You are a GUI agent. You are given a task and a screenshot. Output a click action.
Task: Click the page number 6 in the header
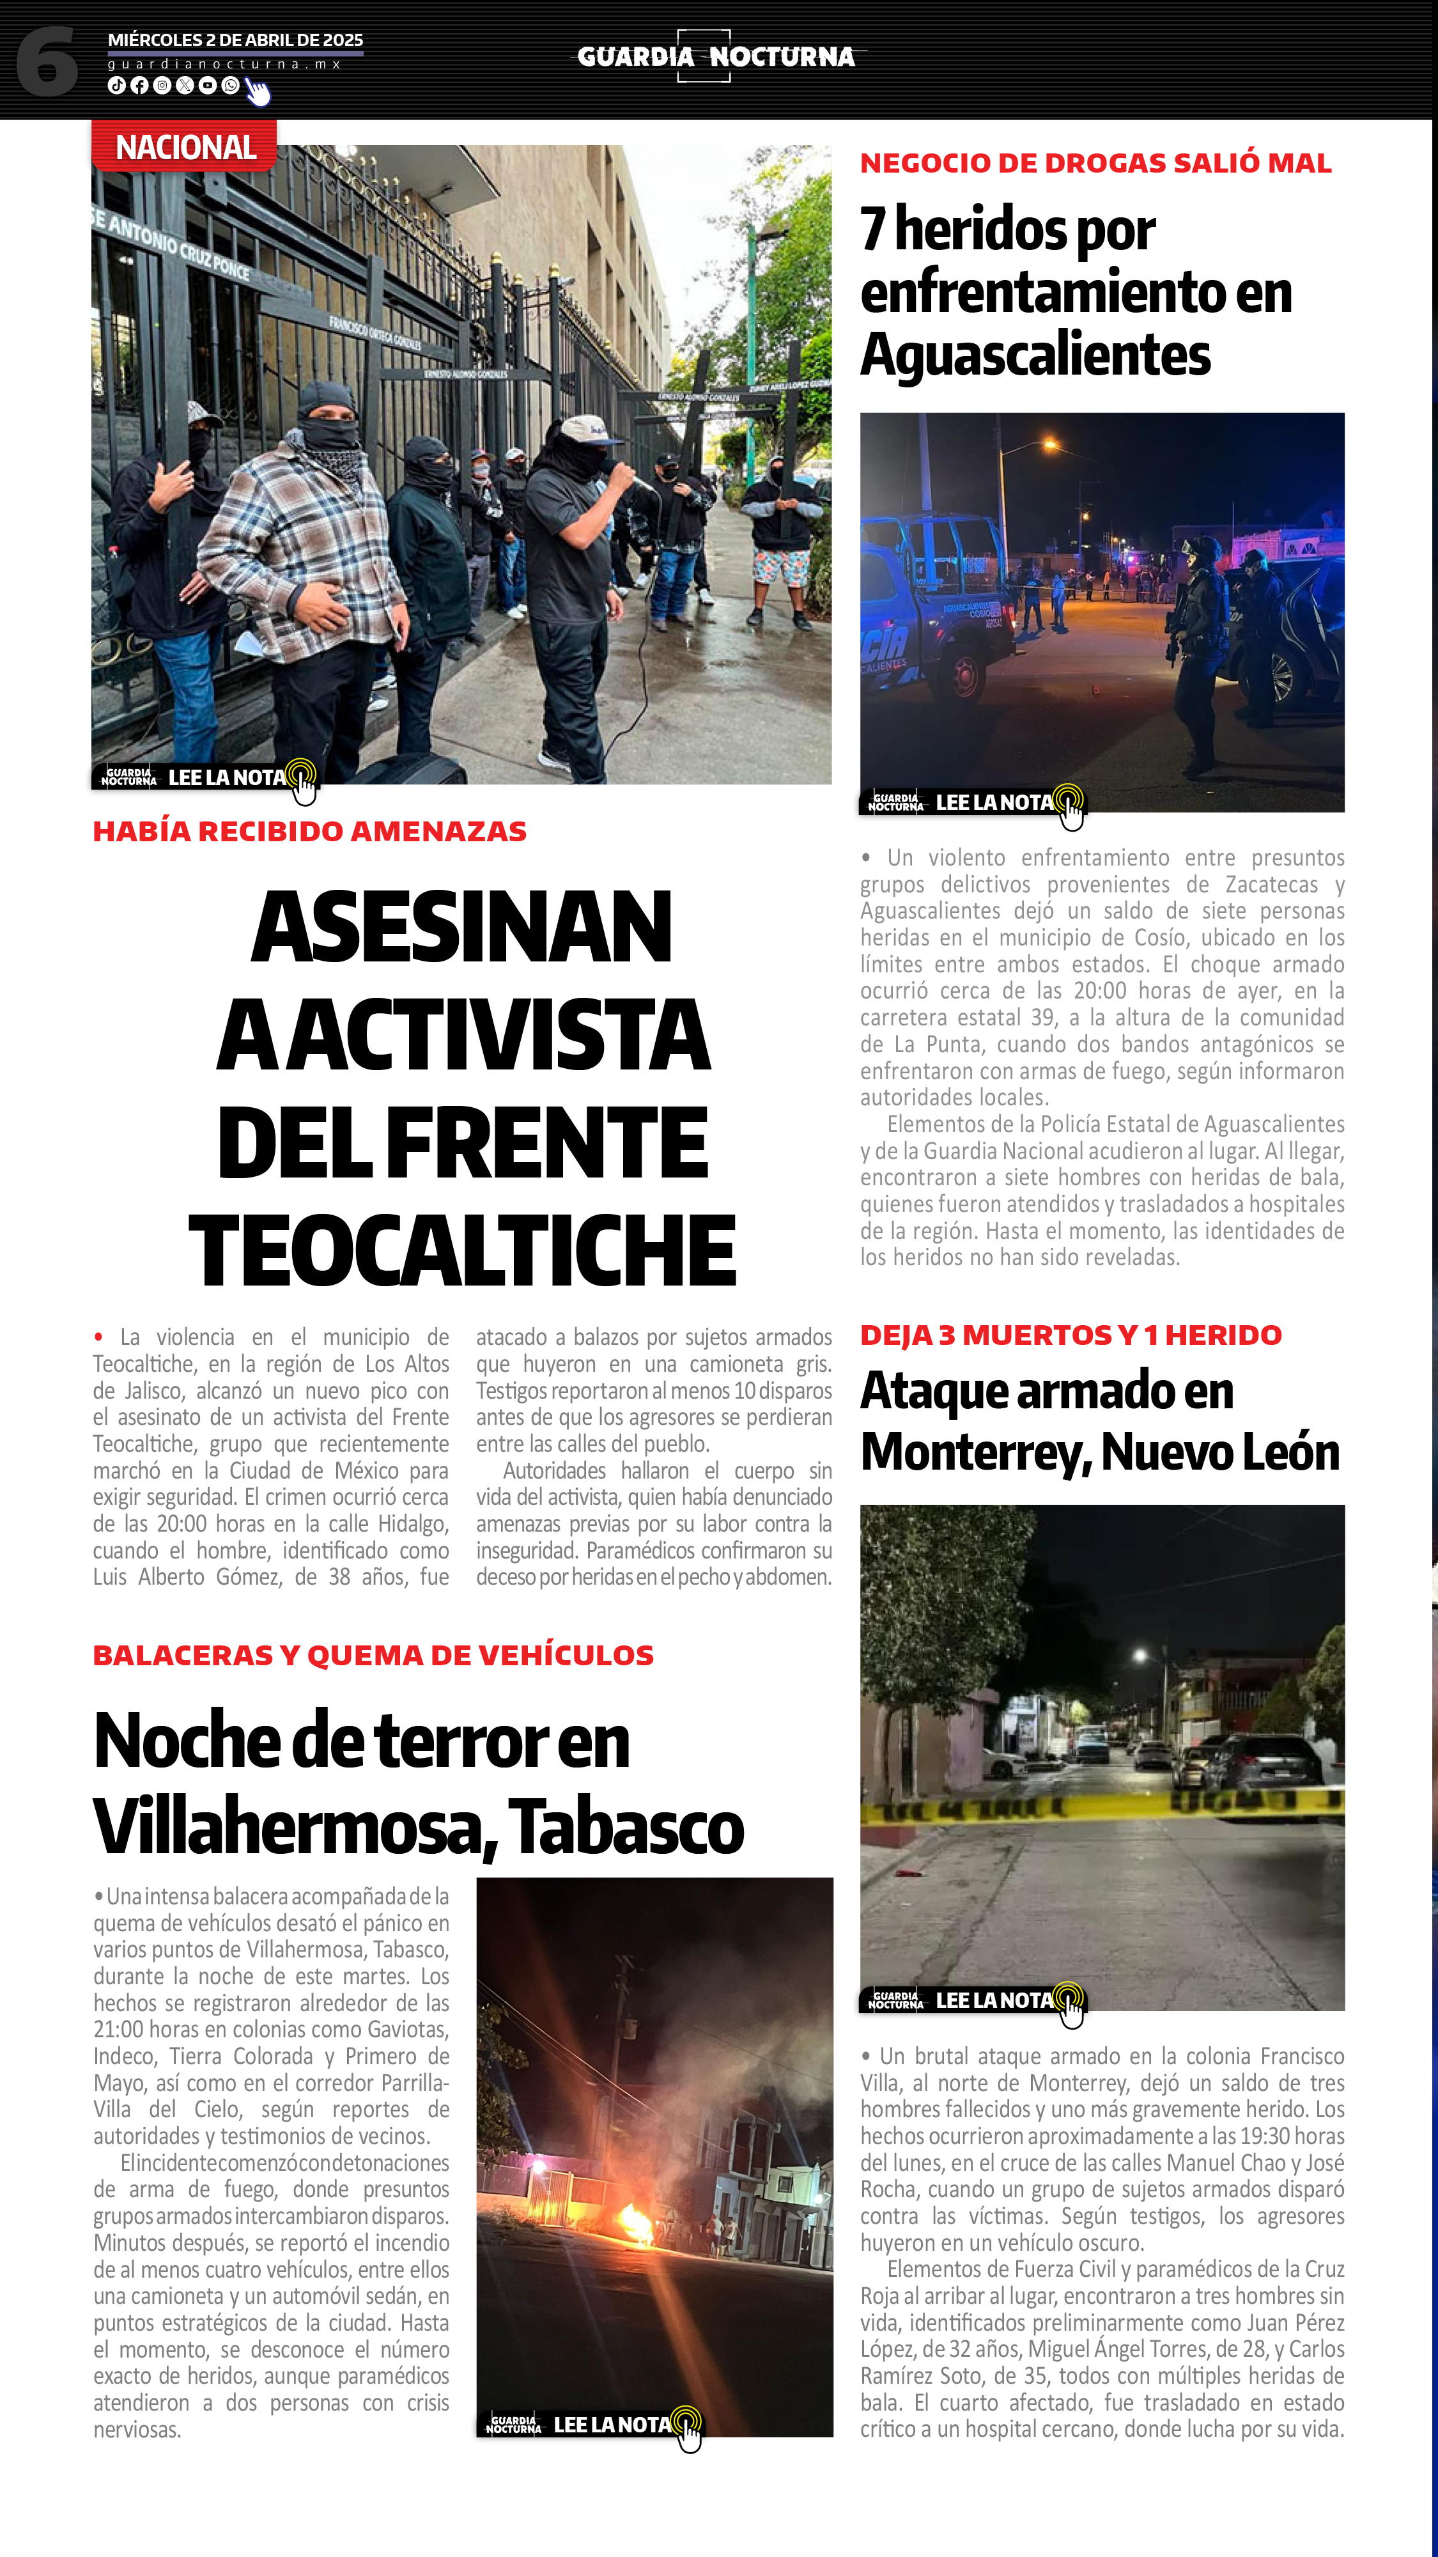(x=47, y=61)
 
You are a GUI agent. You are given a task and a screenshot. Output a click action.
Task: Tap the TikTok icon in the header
(x=116, y=86)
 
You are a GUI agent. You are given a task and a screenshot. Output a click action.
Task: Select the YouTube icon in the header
(x=208, y=86)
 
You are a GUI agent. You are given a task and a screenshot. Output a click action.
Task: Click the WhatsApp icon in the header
(x=230, y=86)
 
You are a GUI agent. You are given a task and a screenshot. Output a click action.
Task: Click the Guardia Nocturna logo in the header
(x=716, y=57)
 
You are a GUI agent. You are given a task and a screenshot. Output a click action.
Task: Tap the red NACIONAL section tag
(x=185, y=148)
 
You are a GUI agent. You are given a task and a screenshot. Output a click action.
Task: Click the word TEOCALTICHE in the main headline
(x=463, y=1251)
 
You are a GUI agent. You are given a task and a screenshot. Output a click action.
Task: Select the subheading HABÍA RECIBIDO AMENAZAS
(x=309, y=832)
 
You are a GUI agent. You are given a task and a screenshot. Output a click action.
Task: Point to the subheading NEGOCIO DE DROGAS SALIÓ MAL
(x=1095, y=163)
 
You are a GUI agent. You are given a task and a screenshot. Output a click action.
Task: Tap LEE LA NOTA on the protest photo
(x=228, y=778)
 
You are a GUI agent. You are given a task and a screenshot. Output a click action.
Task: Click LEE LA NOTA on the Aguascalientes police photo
(x=993, y=803)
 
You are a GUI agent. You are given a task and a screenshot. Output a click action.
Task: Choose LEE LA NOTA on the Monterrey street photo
(x=993, y=2001)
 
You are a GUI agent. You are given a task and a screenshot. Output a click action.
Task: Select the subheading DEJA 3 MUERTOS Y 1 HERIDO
(x=1071, y=1335)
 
